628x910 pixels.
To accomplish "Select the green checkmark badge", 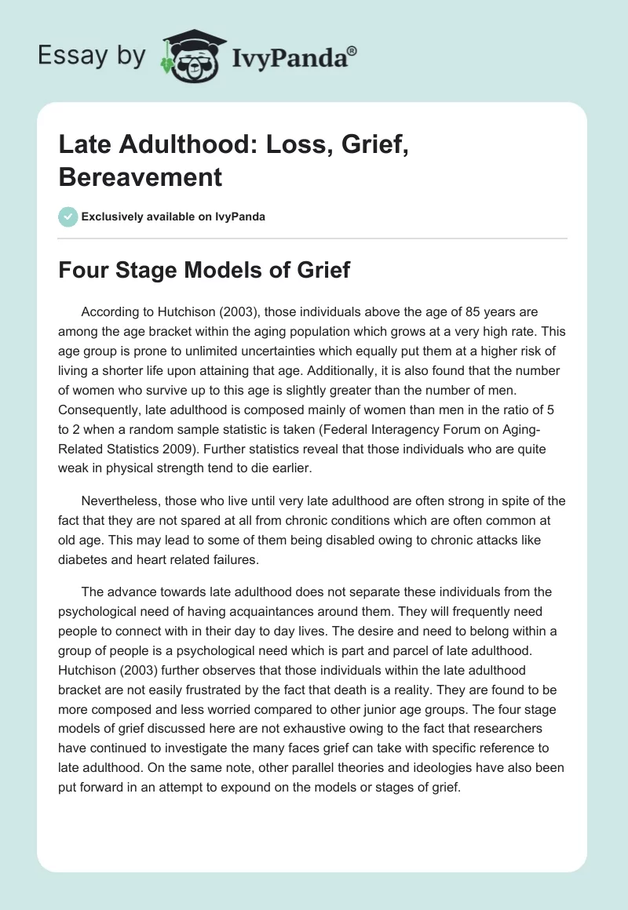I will [x=68, y=217].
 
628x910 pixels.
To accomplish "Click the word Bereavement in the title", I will [x=141, y=177].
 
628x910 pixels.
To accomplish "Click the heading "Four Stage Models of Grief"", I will [x=204, y=271].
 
